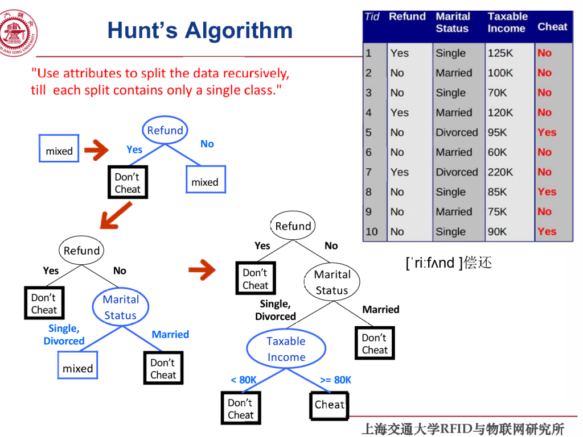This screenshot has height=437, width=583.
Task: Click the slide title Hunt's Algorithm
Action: (x=200, y=31)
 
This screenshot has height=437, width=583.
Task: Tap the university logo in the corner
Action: (x=19, y=32)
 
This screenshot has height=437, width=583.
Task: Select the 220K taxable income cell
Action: (x=500, y=172)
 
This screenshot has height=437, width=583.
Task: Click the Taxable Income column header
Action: (x=507, y=23)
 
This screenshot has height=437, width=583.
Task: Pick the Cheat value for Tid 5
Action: (x=547, y=132)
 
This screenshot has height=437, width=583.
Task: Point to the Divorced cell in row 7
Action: (x=457, y=172)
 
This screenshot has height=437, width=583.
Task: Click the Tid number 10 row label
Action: (x=372, y=231)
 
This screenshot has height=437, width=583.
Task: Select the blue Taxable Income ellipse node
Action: (x=286, y=349)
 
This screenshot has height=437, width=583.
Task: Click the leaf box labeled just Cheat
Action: (x=330, y=405)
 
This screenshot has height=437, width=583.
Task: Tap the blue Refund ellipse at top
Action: (x=165, y=130)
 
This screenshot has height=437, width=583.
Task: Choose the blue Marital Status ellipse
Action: (x=120, y=307)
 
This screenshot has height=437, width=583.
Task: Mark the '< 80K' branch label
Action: (x=244, y=380)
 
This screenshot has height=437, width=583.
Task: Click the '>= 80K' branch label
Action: (x=336, y=380)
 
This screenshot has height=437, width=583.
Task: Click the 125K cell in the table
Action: (x=500, y=53)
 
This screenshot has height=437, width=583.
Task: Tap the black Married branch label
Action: (x=381, y=310)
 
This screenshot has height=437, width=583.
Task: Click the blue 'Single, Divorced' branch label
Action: (x=64, y=335)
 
